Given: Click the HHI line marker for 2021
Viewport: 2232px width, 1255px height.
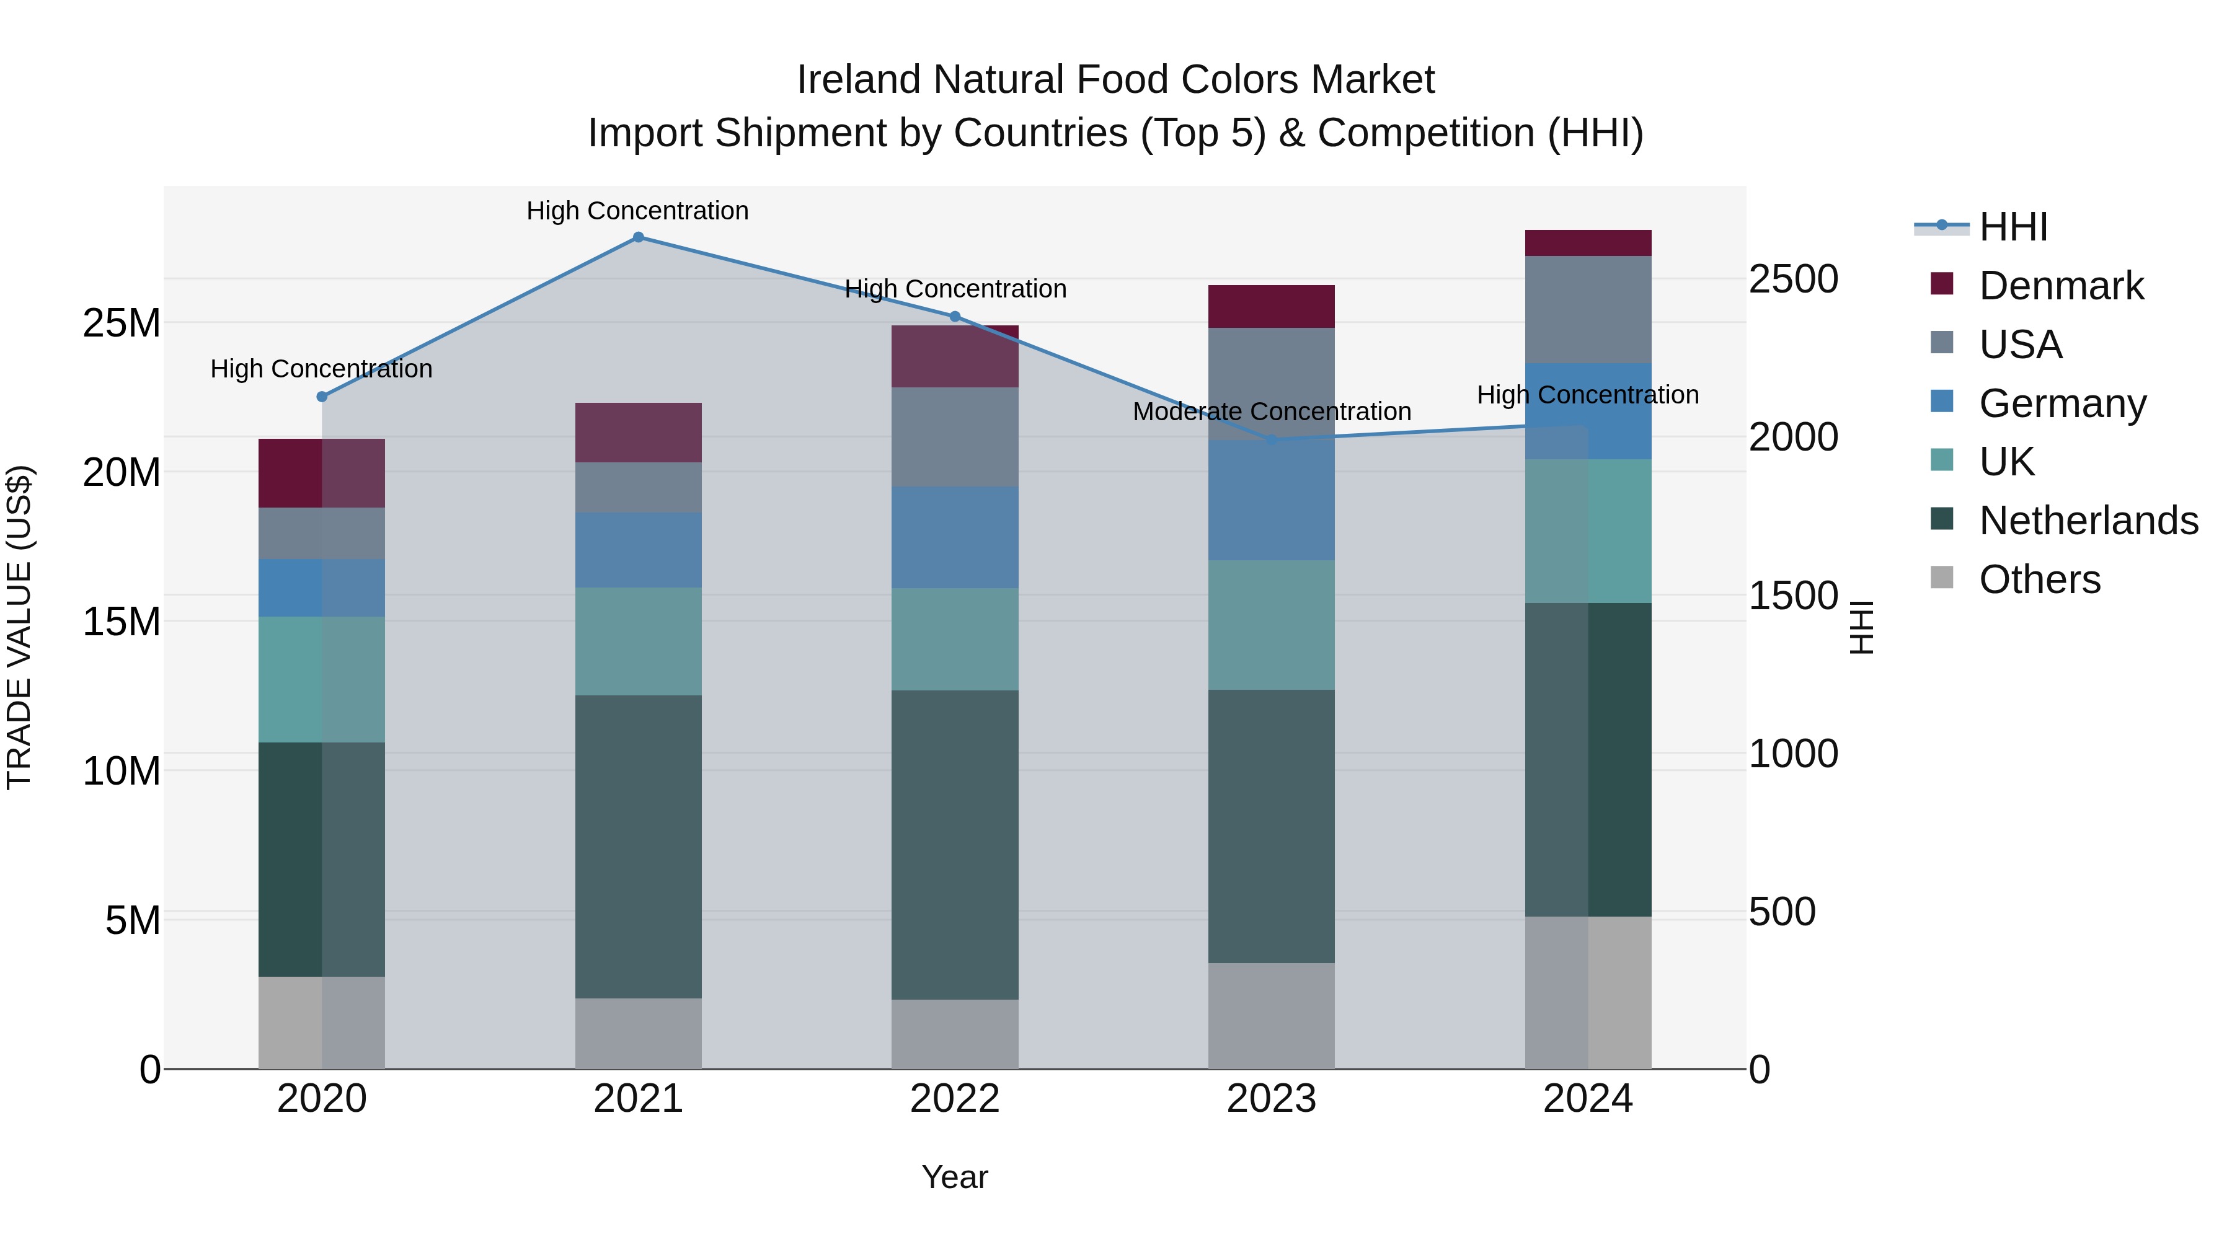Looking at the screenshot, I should [x=638, y=237].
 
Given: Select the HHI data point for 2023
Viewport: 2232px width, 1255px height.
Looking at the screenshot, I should [x=1271, y=440].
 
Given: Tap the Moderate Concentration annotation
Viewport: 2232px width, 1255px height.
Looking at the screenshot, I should [x=1271, y=412].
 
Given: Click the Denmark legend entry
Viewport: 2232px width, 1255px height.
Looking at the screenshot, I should [x=2060, y=286].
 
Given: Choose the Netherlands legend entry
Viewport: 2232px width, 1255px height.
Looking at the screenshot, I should [x=2088, y=521].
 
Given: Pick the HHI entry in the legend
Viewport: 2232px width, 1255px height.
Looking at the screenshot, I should [x=2013, y=227].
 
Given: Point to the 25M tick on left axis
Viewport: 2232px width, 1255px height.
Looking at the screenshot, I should [x=122, y=323].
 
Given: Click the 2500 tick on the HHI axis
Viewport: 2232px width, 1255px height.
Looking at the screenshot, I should [x=1792, y=279].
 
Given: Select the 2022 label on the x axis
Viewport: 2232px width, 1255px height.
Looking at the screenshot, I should [x=955, y=1099].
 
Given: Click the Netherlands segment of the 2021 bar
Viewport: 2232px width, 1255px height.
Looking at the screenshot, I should [x=638, y=846].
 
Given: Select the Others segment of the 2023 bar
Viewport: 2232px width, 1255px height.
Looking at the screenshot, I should [x=1271, y=1015].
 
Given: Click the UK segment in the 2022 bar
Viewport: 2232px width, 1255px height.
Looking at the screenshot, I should [x=955, y=639].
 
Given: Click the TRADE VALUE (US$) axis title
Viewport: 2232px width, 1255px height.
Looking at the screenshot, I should [x=19, y=627].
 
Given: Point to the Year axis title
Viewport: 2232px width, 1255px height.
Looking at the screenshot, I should [x=955, y=1177].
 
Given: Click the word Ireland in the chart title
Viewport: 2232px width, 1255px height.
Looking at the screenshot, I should [x=859, y=80].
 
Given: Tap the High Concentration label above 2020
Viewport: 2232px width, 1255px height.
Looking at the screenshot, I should [x=321, y=369].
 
